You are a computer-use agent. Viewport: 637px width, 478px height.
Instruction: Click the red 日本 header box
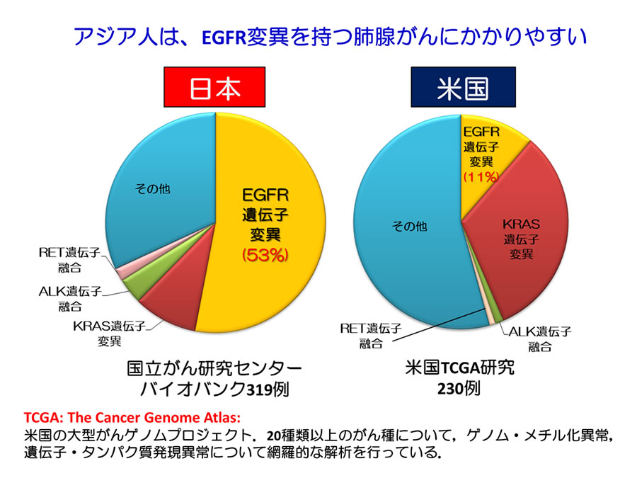pyautogui.click(x=215, y=89)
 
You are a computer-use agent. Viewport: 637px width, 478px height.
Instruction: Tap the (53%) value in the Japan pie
pyautogui.click(x=265, y=255)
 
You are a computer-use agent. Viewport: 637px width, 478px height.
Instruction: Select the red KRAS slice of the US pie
pyautogui.click(x=524, y=234)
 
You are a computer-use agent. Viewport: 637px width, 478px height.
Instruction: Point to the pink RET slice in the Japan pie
pyautogui.click(x=122, y=273)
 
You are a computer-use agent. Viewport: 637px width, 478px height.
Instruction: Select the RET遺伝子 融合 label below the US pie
pyautogui.click(x=371, y=335)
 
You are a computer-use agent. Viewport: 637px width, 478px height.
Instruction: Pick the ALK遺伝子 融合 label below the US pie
pyautogui.click(x=540, y=338)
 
